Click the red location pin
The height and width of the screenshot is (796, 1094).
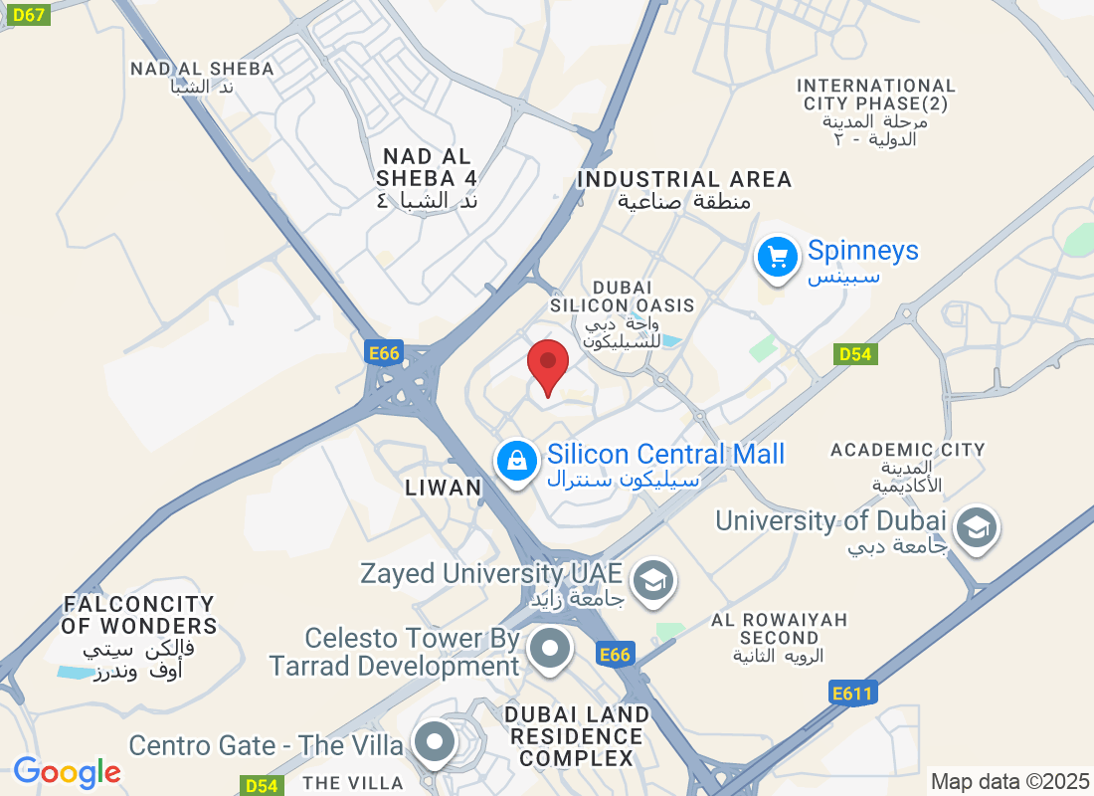pos(547,364)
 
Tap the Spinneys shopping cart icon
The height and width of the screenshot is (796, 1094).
pos(778,259)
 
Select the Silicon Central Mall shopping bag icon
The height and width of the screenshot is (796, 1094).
pos(517,462)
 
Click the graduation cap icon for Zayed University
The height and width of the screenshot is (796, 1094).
pos(652,581)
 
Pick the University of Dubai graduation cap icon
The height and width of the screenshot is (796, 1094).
pos(977,528)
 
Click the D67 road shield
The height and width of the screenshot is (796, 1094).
pos(25,14)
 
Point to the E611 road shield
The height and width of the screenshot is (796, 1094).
pos(852,693)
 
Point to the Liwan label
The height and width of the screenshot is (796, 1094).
pos(444,488)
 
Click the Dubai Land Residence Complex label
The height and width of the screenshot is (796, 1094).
pos(576,736)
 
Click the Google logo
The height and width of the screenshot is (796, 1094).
pos(67,772)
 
